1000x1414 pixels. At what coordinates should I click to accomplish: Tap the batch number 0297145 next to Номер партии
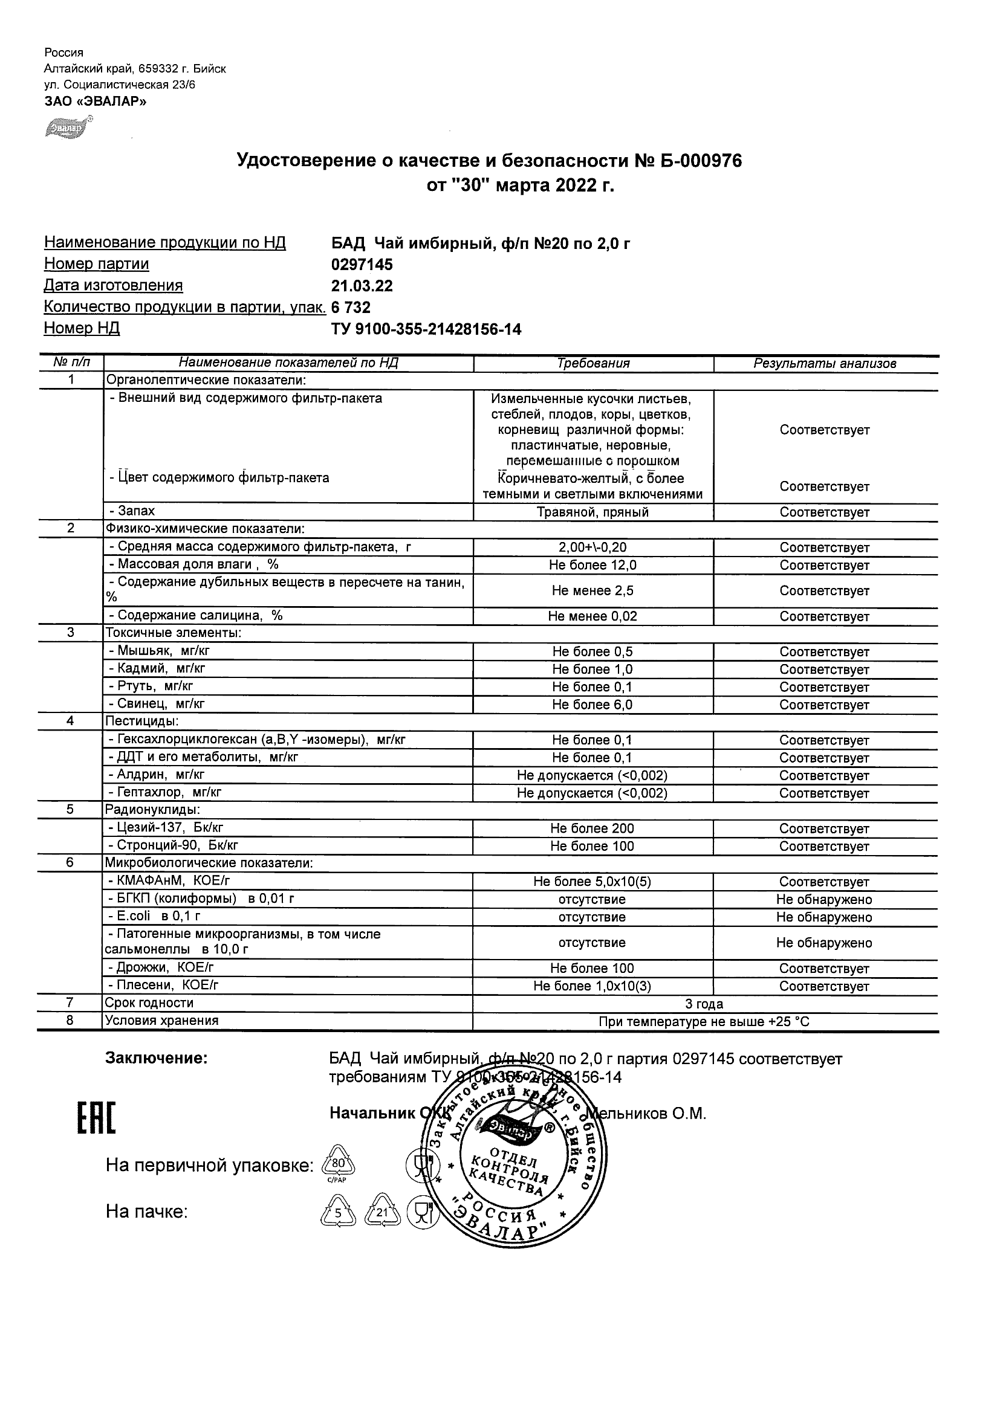pos(362,265)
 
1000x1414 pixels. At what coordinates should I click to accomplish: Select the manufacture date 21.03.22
pos(362,286)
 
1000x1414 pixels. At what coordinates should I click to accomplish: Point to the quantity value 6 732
pos(351,308)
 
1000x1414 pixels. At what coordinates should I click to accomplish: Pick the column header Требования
pos(593,363)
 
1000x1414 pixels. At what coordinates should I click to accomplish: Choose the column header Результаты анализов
pos(825,363)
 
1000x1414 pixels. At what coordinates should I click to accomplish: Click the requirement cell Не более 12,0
pos(593,566)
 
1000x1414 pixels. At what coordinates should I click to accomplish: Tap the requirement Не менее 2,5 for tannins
pos(593,590)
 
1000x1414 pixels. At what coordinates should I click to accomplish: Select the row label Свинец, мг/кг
pos(157,703)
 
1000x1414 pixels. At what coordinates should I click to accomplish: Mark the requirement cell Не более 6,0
pos(593,705)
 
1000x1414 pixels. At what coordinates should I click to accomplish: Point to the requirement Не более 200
pos(593,828)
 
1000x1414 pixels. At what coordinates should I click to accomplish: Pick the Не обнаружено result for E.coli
pos(825,917)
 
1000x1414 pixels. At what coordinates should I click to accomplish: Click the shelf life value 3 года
pos(704,1004)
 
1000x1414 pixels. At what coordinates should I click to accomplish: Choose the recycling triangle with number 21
pos(383,1213)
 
